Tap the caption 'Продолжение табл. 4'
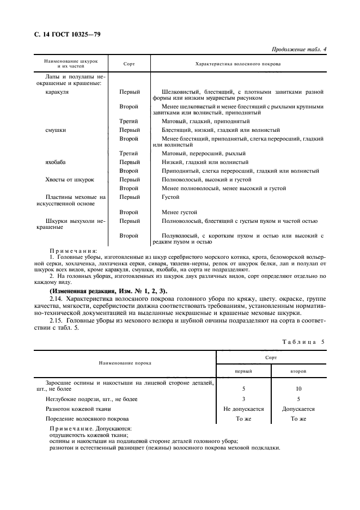click(x=302, y=50)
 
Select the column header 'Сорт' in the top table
click(x=129, y=64)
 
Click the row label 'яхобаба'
click(x=57, y=162)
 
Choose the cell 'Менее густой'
click(x=179, y=212)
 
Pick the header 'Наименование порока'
click(x=125, y=362)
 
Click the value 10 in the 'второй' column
click(x=298, y=389)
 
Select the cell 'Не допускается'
click(x=243, y=409)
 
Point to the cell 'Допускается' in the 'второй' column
click(x=298, y=409)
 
